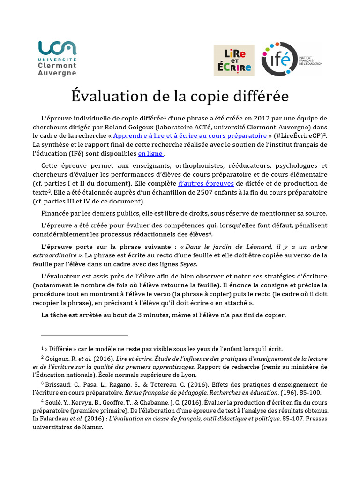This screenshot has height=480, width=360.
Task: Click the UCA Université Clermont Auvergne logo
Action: click(x=57, y=58)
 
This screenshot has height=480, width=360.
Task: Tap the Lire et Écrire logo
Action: click(x=234, y=60)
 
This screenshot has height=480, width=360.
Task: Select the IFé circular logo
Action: click(x=278, y=60)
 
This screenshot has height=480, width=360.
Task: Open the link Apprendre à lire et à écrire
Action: click(x=190, y=135)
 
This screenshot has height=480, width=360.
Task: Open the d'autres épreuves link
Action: click(x=207, y=183)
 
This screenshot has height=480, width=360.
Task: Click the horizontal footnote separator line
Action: click(x=84, y=336)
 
